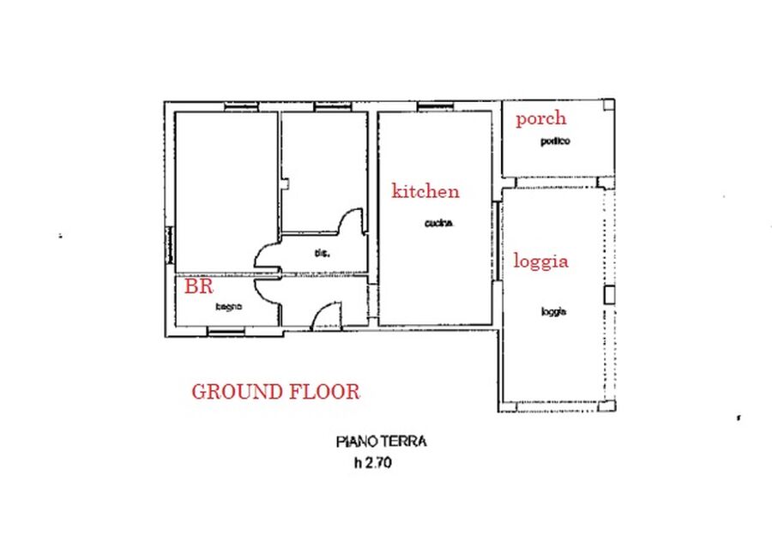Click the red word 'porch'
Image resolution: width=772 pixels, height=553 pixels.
click(x=540, y=118)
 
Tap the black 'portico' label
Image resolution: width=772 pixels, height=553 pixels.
click(x=555, y=141)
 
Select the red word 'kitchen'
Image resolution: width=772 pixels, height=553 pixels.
click(x=425, y=190)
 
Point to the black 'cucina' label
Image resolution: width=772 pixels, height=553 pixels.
click(x=438, y=224)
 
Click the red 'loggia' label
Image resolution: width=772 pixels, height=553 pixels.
click(x=540, y=261)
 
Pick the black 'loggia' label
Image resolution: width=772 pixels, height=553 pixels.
click(x=554, y=312)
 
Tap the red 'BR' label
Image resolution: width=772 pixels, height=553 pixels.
click(x=198, y=286)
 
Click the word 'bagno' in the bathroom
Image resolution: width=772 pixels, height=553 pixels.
click(x=228, y=307)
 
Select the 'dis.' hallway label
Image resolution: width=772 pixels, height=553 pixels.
click(x=322, y=254)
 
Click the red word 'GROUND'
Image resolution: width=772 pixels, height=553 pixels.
click(x=237, y=392)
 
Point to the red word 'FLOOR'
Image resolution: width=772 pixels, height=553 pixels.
click(x=324, y=392)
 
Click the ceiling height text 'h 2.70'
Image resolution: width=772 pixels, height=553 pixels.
click(x=373, y=463)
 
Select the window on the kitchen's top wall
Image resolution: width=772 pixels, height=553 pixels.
click(x=435, y=106)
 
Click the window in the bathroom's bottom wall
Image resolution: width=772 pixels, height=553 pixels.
click(x=226, y=332)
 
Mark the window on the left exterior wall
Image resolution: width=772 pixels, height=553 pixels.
click(x=170, y=245)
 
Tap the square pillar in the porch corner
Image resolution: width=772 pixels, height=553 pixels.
click(x=609, y=105)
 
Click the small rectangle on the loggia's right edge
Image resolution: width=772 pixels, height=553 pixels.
click(x=610, y=295)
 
